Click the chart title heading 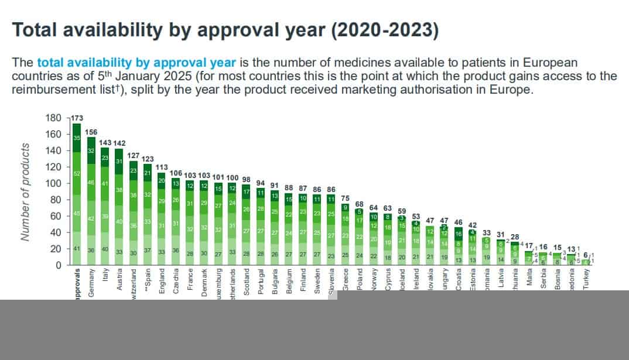pos(225,31)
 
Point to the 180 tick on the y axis pos(53,118)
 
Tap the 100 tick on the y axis pos(53,183)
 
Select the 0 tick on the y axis pos(58,265)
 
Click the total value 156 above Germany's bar pos(91,132)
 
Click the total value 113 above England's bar pos(161,167)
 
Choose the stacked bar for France pos(190,222)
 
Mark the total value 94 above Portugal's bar pos(261,183)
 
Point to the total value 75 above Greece pos(346,198)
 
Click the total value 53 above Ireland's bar pos(416,216)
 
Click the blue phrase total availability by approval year pos(136,63)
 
